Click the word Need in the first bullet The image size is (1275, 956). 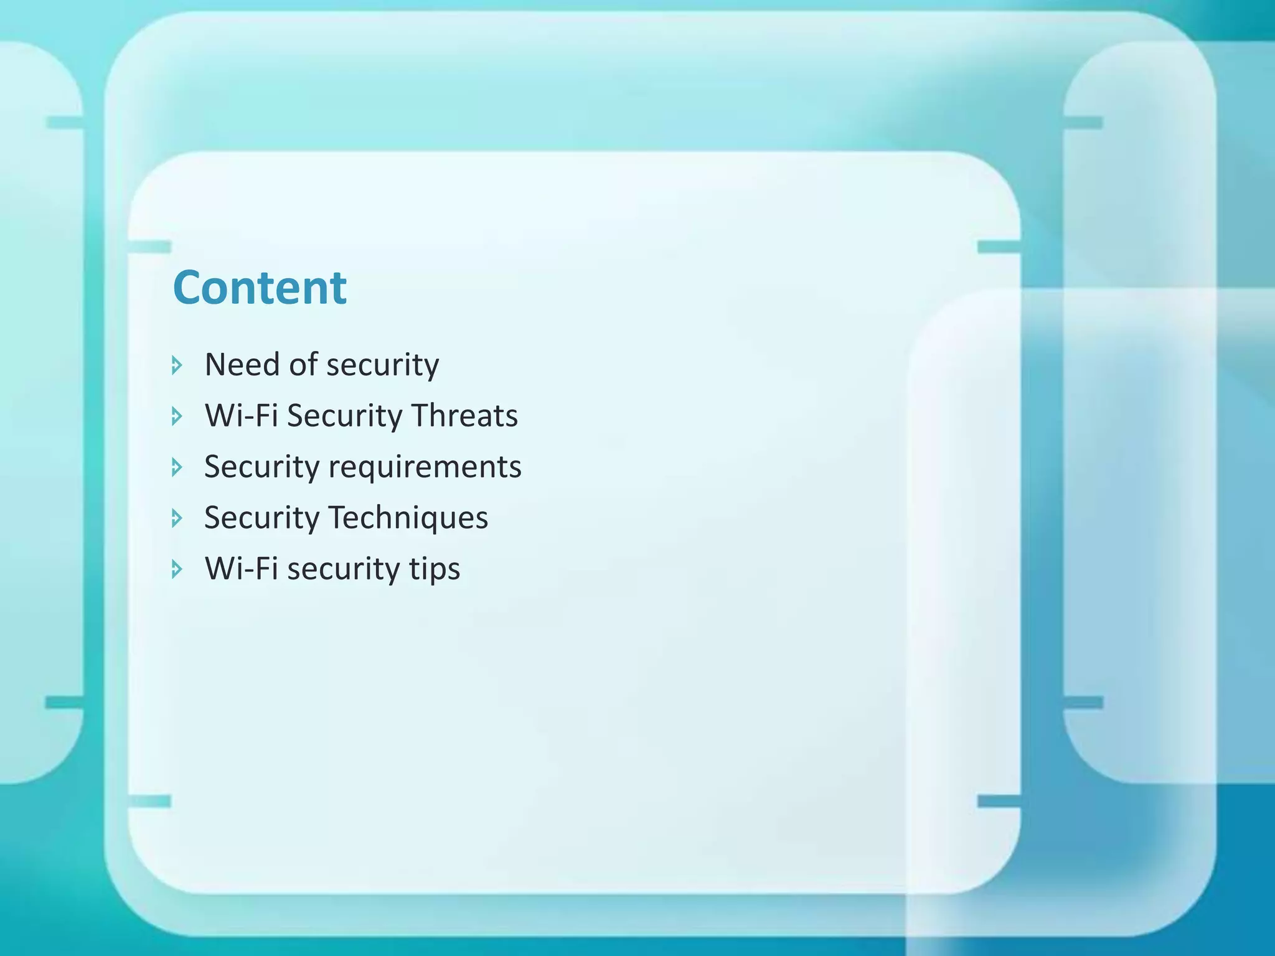(x=242, y=365)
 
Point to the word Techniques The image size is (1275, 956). (x=408, y=518)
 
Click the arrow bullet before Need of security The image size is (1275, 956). (x=177, y=365)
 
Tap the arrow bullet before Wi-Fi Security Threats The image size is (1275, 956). (x=177, y=416)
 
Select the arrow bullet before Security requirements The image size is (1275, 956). (x=177, y=467)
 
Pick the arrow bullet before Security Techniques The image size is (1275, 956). (x=177, y=518)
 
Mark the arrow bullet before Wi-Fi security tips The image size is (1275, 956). (x=177, y=569)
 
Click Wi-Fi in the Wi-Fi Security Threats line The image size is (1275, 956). (x=241, y=416)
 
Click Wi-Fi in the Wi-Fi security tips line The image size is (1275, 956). (x=241, y=569)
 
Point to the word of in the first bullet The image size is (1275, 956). (x=303, y=365)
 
